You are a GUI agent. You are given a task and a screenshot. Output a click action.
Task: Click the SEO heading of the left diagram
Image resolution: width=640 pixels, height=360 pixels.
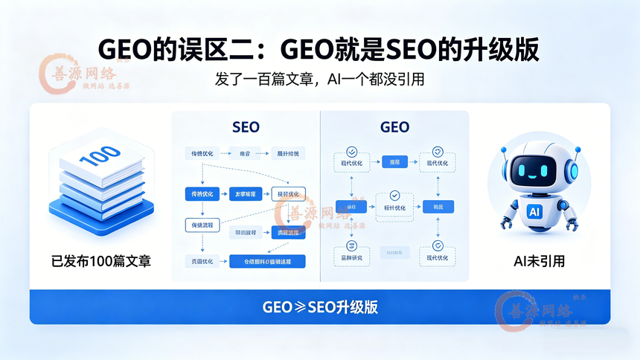[x=246, y=127]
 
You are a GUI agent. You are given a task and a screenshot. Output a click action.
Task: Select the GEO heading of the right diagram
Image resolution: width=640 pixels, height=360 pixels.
[x=394, y=127]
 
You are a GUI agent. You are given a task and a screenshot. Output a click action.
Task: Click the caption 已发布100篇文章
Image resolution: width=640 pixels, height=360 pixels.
[x=101, y=261]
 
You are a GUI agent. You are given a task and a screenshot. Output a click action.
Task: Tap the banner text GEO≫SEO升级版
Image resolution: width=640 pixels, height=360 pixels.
[x=319, y=307]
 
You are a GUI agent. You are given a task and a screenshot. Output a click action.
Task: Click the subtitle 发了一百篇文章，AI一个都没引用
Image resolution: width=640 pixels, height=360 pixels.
[x=319, y=79]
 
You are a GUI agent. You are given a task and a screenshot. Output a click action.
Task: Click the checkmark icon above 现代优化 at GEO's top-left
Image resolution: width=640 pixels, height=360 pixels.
[x=351, y=151]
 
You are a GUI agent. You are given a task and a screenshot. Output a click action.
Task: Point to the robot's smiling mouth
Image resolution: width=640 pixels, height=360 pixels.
[x=534, y=175]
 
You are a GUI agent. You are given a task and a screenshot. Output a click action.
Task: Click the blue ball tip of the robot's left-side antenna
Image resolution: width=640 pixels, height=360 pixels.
[x=504, y=150]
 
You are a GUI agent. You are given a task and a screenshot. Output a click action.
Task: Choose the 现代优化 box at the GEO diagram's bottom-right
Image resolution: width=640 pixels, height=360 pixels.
[x=438, y=258]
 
